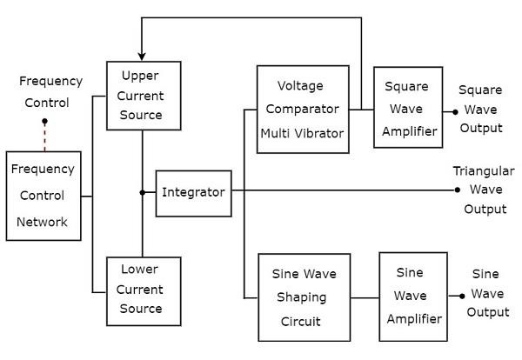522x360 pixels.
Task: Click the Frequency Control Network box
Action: tap(43, 197)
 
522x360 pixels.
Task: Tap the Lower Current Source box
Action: tap(143, 290)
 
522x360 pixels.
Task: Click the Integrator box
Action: tap(194, 191)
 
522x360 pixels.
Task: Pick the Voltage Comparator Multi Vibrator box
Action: tap(301, 110)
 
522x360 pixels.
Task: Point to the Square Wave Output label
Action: tap(481, 110)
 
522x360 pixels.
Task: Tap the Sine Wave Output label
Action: tap(486, 293)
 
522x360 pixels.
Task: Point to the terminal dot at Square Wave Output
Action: tap(453, 110)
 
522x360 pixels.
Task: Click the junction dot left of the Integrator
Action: tap(143, 192)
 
